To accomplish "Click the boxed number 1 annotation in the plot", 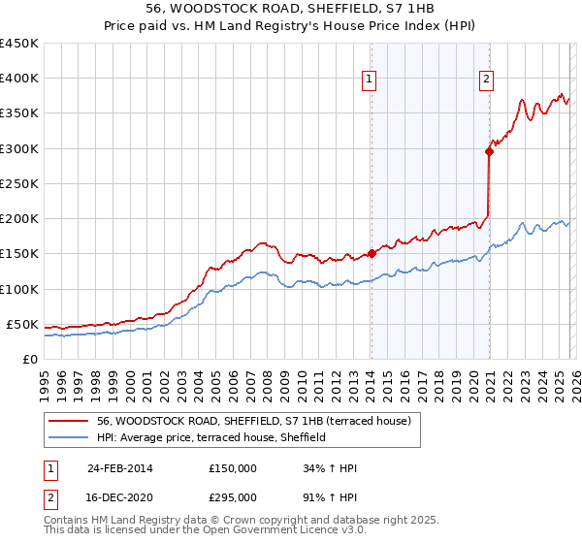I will [x=371, y=80].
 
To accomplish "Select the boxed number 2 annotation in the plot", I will [x=487, y=80].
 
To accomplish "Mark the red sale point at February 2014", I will [x=372, y=254].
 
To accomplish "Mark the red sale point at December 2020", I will [x=489, y=151].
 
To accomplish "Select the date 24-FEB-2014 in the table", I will [x=120, y=468].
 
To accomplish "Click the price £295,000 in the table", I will [x=233, y=496].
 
